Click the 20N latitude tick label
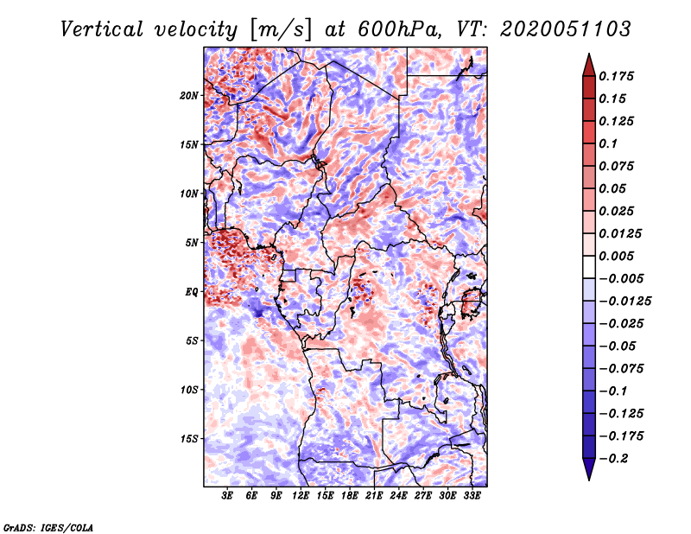click(189, 95)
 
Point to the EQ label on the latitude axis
click(192, 292)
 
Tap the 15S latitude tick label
click(189, 439)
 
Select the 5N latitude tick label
click(192, 243)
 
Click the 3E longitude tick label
click(228, 497)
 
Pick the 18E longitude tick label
click(350, 497)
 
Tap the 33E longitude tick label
click(472, 497)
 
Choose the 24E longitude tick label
click(398, 497)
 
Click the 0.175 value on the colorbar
click(616, 76)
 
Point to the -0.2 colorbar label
click(613, 458)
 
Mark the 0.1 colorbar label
click(609, 143)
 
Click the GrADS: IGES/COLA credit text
click(48, 526)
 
